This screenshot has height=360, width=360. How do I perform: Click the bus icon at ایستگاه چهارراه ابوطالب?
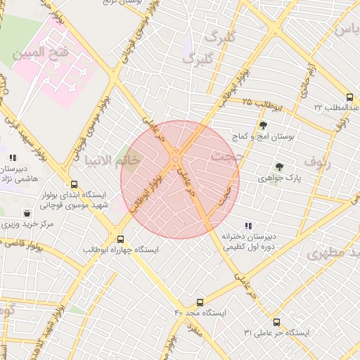click(x=120, y=238)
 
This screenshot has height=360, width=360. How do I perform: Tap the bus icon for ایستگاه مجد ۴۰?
click(x=200, y=302)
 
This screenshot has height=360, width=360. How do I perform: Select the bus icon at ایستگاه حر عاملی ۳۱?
click(x=275, y=322)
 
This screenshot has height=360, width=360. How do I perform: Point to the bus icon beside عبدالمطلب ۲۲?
click(x=350, y=98)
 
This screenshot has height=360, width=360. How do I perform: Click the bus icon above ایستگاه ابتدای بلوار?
click(x=65, y=181)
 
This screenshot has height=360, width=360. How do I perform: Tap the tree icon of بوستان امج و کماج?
click(x=263, y=125)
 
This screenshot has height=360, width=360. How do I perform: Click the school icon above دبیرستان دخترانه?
click(x=247, y=226)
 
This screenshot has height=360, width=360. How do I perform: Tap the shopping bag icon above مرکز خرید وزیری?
click(x=27, y=212)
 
